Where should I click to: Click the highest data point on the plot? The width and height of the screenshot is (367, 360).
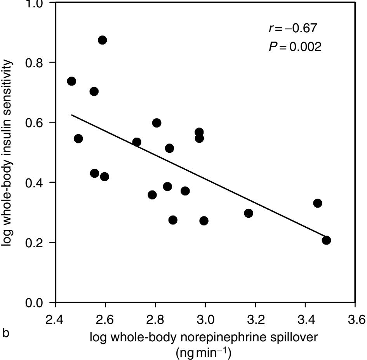tap(102, 40)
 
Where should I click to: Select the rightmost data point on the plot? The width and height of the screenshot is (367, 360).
tap(326, 240)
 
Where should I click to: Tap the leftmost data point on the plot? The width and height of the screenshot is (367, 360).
tap(71, 81)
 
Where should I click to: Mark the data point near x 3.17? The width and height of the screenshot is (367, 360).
tap(249, 213)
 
